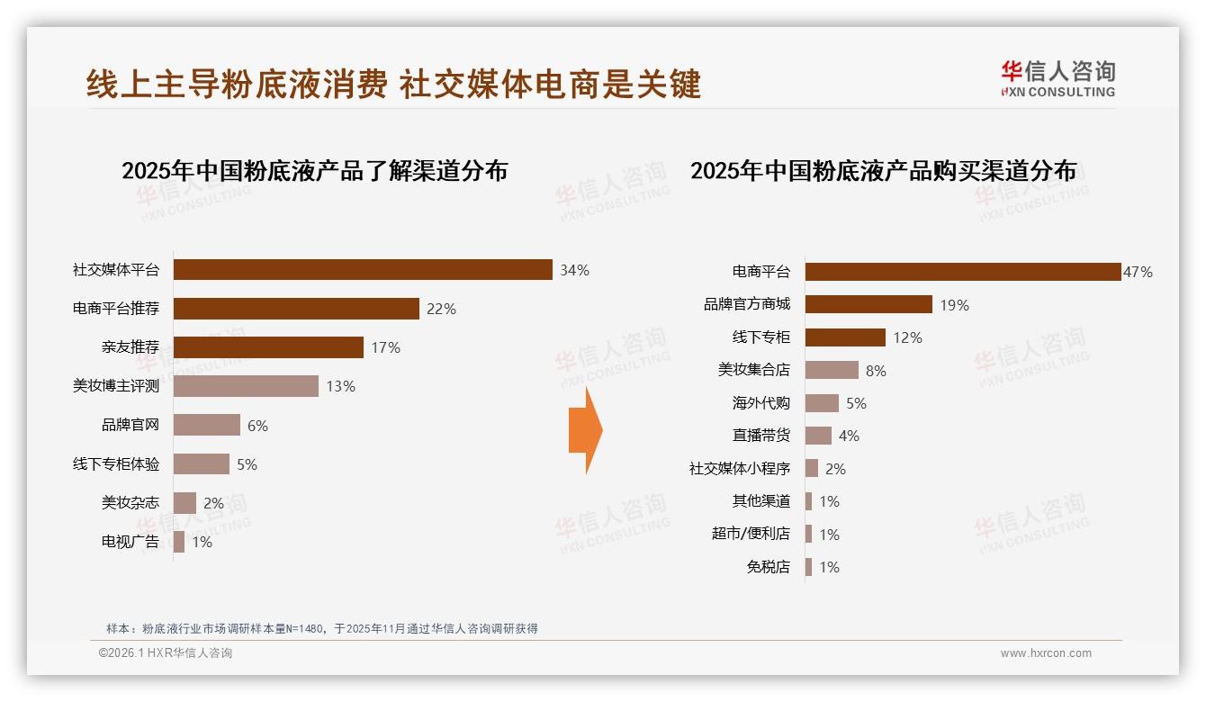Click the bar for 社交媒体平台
pos(362,270)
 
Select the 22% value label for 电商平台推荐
pos(441,309)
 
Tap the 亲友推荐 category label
pos(130,347)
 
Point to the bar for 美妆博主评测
pos(246,386)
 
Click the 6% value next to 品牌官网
pos(257,426)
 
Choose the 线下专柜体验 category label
pos(116,464)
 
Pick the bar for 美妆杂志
pos(184,503)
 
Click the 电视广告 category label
pos(130,542)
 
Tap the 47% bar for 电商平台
pos(962,272)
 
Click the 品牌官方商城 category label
pos(747,304)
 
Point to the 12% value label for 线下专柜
pos(907,337)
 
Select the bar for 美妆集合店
pos(832,370)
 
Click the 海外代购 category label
pos(761,403)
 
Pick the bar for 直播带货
pos(818,436)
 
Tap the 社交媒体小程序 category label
pos(740,469)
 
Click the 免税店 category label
pos(769,567)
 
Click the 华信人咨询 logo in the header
pos(1057,78)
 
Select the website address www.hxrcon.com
pos(1046,653)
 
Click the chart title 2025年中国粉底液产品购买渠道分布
pos(883,171)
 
